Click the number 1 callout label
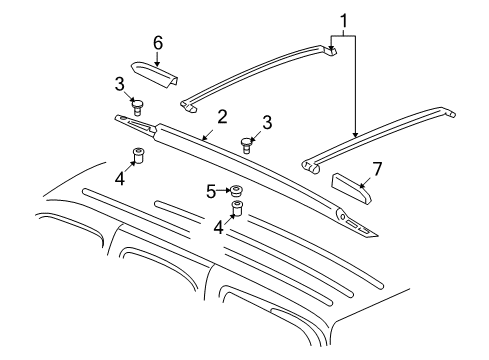[x=343, y=21]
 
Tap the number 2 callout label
[x=221, y=117]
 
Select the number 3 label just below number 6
[x=119, y=84]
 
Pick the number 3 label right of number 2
[x=267, y=122]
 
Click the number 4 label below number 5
[x=218, y=228]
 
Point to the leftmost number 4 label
[x=119, y=179]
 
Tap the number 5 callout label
[x=211, y=191]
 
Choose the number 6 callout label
[x=158, y=43]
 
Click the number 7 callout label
[x=377, y=169]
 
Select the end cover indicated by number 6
[x=154, y=74]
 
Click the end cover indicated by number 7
[x=351, y=188]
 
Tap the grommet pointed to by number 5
[x=237, y=191]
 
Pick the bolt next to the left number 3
[x=137, y=107]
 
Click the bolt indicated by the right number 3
[x=246, y=146]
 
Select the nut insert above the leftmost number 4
[x=138, y=155]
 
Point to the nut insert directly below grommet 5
[x=237, y=209]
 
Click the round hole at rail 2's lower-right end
[x=343, y=216]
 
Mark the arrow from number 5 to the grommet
[x=224, y=191]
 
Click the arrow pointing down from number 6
[x=157, y=59]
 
